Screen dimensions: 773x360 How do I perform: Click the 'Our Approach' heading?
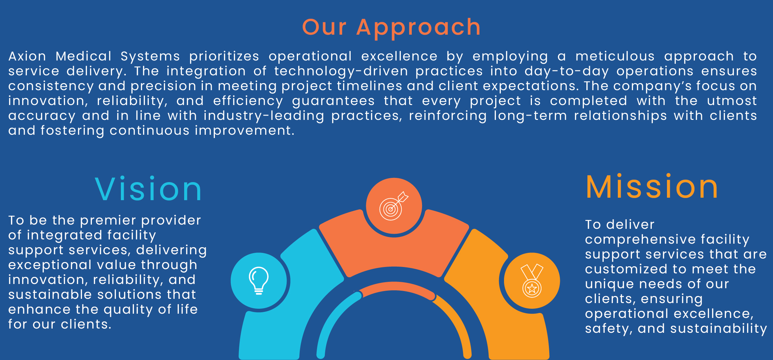tap(391, 27)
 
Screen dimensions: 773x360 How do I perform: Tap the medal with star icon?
tap(532, 281)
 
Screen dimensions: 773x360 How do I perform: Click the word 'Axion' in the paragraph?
tap(27, 56)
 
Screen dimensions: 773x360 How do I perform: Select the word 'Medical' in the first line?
tap(83, 56)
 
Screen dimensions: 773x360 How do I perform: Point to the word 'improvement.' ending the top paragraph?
tap(245, 131)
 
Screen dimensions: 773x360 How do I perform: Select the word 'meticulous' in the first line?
tap(615, 56)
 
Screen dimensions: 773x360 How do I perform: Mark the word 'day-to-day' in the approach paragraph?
tap(567, 71)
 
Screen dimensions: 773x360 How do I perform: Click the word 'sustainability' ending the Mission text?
tap(719, 329)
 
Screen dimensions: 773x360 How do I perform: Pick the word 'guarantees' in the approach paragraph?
tap(333, 101)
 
